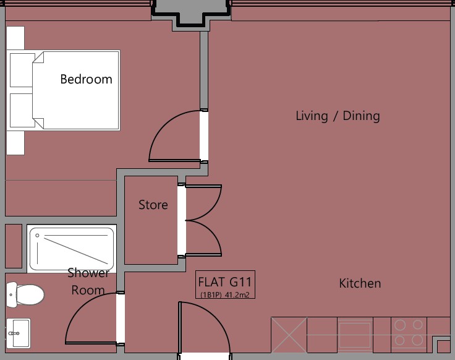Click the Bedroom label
(x=86, y=79)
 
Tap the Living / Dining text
(x=338, y=116)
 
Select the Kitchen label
(x=360, y=283)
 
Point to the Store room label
(x=153, y=205)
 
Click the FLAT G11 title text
(x=225, y=282)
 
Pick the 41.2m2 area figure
(x=237, y=295)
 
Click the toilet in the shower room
(x=25, y=294)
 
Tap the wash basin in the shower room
(x=19, y=333)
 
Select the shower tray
(x=72, y=249)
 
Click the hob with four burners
(x=409, y=332)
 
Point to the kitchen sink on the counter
(x=355, y=335)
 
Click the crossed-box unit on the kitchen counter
(x=289, y=335)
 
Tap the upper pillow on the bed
(x=22, y=70)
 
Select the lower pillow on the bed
(x=22, y=110)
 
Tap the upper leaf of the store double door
(x=203, y=202)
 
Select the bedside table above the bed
(x=15, y=38)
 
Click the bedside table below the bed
(x=15, y=142)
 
